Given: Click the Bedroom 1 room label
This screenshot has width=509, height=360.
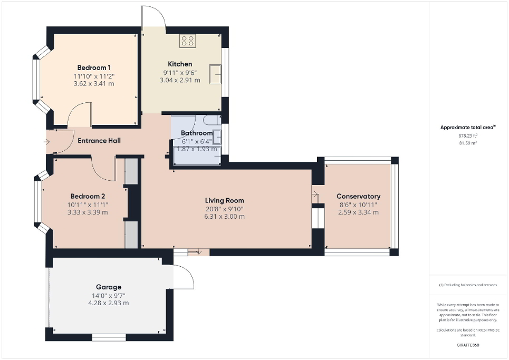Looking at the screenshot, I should pos(94,67).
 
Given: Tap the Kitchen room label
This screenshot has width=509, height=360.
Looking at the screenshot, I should pos(180,64).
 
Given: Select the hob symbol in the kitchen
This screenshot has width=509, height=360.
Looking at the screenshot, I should pos(188,41).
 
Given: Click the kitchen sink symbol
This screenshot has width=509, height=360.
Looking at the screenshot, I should pos(215,74).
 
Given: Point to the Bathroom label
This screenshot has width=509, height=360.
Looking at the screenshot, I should pos(196,133).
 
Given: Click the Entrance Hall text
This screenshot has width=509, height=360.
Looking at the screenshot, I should pos(99,141).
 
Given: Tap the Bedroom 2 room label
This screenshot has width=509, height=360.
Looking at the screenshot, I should pos(88,196).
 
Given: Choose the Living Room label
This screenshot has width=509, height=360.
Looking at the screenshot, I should pos(224,200).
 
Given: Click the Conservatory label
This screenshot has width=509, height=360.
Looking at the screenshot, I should pos(358,197).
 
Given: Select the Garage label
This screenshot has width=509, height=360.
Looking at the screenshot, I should pos(109,287).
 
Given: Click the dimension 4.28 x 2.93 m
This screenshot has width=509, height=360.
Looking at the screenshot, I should pos(109,303).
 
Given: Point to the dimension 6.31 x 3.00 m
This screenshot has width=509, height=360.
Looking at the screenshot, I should pos(224,217).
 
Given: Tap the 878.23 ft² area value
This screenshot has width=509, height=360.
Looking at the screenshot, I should pos(468,135).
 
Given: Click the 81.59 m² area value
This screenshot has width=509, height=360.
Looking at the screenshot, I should pos(468,143).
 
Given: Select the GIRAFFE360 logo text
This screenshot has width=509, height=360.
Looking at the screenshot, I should pos(468,345).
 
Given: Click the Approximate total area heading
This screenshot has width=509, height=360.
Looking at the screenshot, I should pos(468,128).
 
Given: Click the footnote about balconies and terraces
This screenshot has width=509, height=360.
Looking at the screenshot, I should pos(468,285).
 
